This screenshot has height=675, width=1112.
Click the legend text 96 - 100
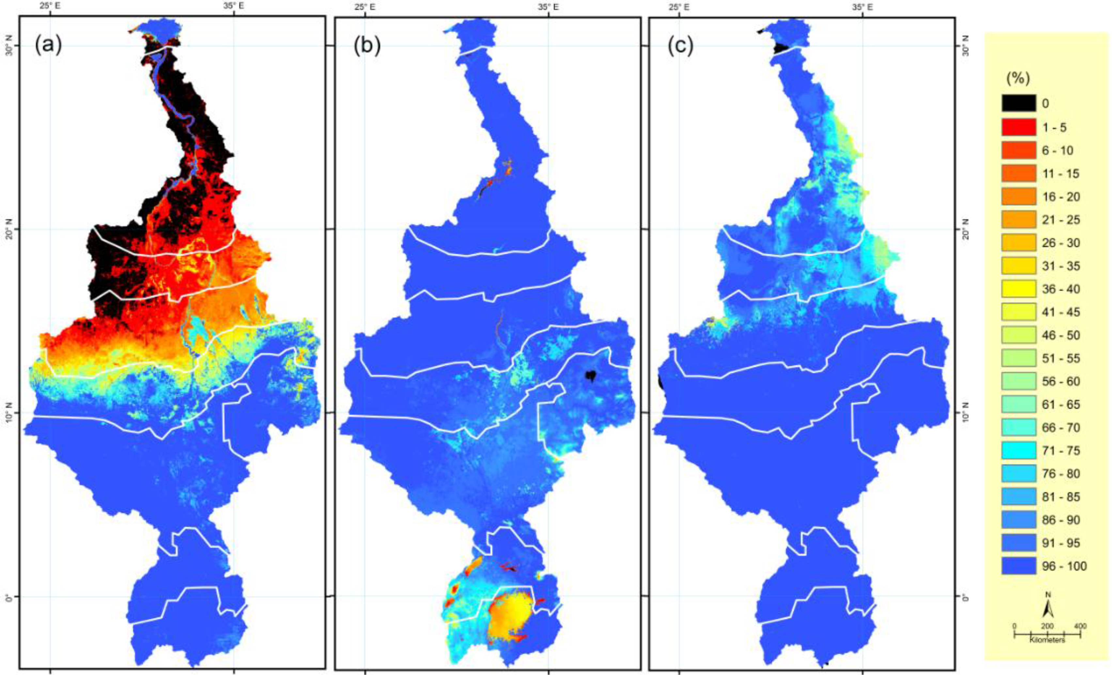[x=1064, y=566]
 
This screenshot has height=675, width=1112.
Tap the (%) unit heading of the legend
[x=1018, y=79]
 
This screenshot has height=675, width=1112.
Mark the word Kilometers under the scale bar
[x=1047, y=640]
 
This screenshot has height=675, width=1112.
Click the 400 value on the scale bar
[x=1080, y=626]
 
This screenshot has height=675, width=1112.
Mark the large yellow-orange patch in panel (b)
[x=510, y=615]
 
